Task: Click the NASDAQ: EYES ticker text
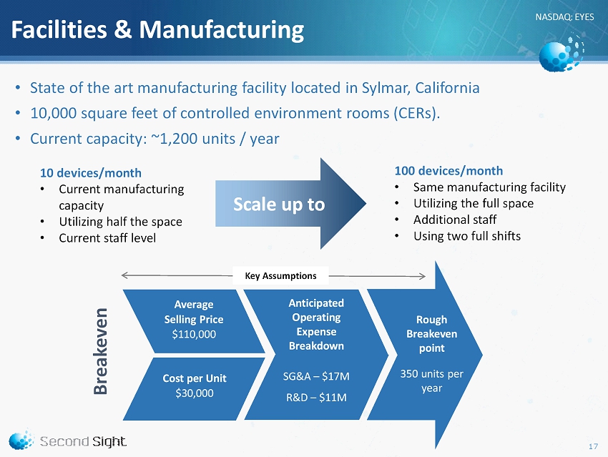pos(564,17)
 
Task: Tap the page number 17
pos(593,446)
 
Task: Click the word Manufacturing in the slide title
pos(222,30)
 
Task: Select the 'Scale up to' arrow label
pos(279,205)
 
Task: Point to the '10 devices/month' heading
pos(91,173)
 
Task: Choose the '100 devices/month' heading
pos(448,171)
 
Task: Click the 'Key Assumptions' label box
pos(280,275)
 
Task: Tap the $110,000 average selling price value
pos(194,334)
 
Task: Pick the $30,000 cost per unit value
pos(195,393)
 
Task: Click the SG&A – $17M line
pos(316,376)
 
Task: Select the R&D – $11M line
pos(316,398)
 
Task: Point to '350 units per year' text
pos(431,381)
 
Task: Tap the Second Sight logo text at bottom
pos(83,441)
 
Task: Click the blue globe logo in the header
pos(561,54)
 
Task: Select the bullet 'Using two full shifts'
pos(467,236)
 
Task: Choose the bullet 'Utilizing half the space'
pos(121,222)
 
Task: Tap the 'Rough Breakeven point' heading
pos(431,334)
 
